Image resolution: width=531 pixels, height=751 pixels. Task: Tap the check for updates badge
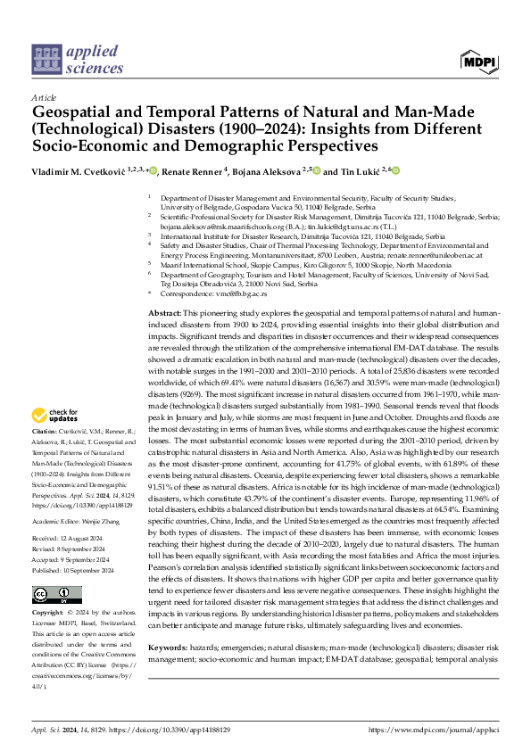pyautogui.click(x=53, y=415)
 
